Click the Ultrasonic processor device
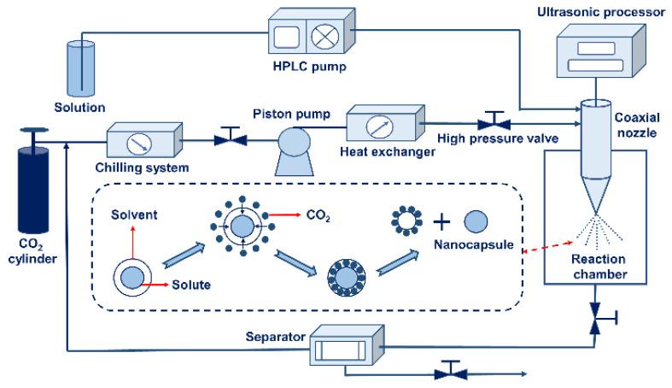coord(597,54)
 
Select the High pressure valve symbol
coord(492,119)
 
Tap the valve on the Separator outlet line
coord(449,373)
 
